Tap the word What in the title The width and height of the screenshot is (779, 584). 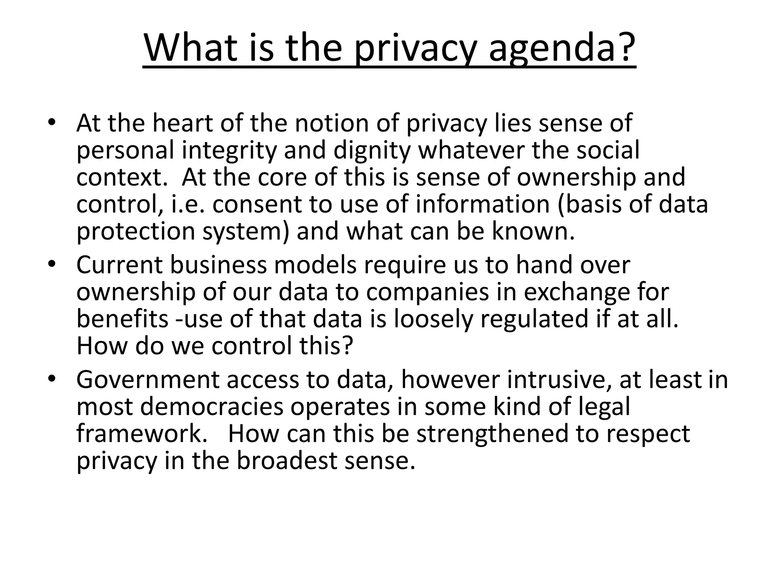[x=191, y=49]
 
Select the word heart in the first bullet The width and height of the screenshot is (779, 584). [x=182, y=123]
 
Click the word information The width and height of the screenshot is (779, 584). [x=483, y=204]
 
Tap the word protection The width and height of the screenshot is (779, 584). [x=136, y=231]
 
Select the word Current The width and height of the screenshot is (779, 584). [x=119, y=265]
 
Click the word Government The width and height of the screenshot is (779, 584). [x=148, y=379]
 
